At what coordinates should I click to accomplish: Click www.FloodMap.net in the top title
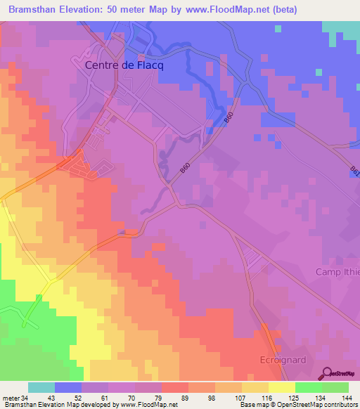[x=226, y=9]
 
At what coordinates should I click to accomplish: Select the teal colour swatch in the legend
[x=41, y=387]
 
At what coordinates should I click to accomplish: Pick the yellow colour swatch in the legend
[x=281, y=387]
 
